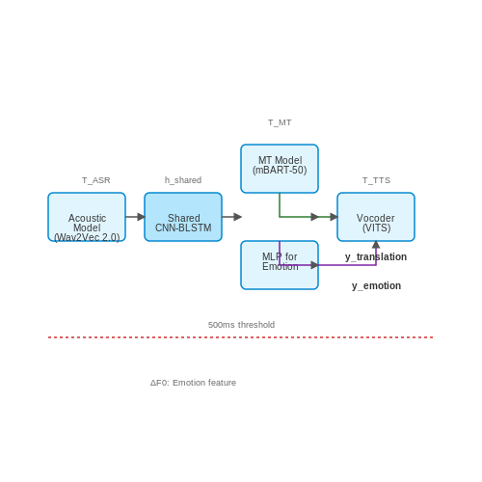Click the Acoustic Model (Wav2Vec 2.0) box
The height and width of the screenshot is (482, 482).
(x=87, y=217)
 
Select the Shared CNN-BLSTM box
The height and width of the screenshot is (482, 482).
(x=183, y=217)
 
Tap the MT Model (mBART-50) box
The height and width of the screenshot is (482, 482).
(x=280, y=169)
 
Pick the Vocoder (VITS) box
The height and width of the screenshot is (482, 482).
(x=376, y=217)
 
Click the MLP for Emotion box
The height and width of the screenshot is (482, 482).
(x=280, y=265)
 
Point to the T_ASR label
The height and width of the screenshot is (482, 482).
(x=96, y=180)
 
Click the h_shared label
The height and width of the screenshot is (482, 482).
(x=183, y=180)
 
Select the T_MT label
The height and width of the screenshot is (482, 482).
(x=280, y=122)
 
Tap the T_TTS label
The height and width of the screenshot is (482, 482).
(x=376, y=180)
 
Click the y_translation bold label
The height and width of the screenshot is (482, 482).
(x=376, y=257)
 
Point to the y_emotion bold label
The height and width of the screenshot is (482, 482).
(x=376, y=286)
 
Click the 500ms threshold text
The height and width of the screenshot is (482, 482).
(x=241, y=325)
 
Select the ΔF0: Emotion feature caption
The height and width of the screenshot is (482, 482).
(x=193, y=383)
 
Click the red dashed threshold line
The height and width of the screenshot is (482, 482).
(x=241, y=337)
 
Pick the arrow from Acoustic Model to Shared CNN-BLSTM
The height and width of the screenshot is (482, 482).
(x=135, y=217)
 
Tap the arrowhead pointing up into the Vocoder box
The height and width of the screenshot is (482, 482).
(x=376, y=245)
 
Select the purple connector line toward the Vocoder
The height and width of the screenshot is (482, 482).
(x=328, y=265)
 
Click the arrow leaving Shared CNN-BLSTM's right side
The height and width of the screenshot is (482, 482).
(x=231, y=217)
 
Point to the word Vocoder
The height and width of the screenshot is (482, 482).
(x=376, y=218)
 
